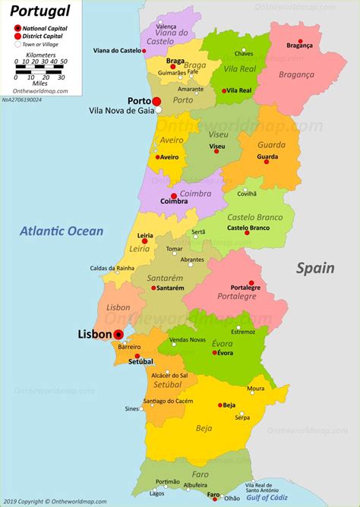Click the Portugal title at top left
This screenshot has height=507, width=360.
(40, 11)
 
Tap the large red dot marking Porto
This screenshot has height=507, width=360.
(156, 101)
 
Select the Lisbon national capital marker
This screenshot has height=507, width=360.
(118, 334)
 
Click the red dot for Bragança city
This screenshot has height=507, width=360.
(300, 41)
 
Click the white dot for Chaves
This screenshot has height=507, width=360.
(244, 46)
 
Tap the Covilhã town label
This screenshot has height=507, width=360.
(247, 194)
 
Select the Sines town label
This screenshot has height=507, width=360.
(131, 408)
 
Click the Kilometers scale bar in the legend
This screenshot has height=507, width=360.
(42, 68)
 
